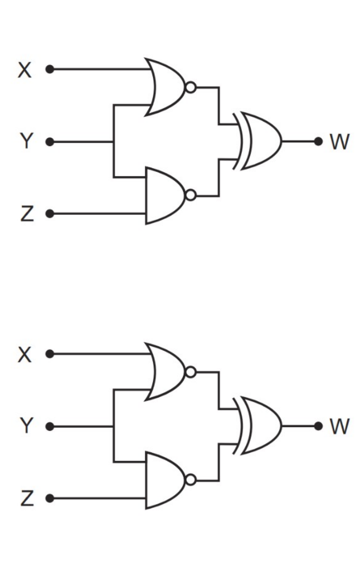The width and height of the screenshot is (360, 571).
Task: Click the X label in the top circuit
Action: click(x=25, y=70)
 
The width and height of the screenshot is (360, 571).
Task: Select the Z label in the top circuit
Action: click(x=27, y=214)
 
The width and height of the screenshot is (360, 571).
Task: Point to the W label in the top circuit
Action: click(x=339, y=142)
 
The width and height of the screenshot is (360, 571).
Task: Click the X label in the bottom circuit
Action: click(x=25, y=354)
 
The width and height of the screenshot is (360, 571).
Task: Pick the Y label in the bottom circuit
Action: click(x=27, y=425)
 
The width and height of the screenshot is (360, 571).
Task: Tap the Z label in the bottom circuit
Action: click(x=27, y=498)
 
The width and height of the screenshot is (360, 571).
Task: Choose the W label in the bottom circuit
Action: click(x=339, y=426)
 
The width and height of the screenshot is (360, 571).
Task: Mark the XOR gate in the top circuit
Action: click(x=257, y=141)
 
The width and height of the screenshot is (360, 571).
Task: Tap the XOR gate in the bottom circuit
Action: click(x=257, y=425)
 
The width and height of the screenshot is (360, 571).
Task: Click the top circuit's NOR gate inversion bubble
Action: click(x=191, y=87)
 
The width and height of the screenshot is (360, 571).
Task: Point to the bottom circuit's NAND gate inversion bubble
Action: click(x=191, y=480)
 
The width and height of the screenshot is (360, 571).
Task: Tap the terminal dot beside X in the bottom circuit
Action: click(x=50, y=354)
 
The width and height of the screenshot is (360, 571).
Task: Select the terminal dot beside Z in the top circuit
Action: click(x=50, y=214)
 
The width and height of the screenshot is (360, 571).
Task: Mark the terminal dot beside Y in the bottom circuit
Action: click(x=50, y=427)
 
